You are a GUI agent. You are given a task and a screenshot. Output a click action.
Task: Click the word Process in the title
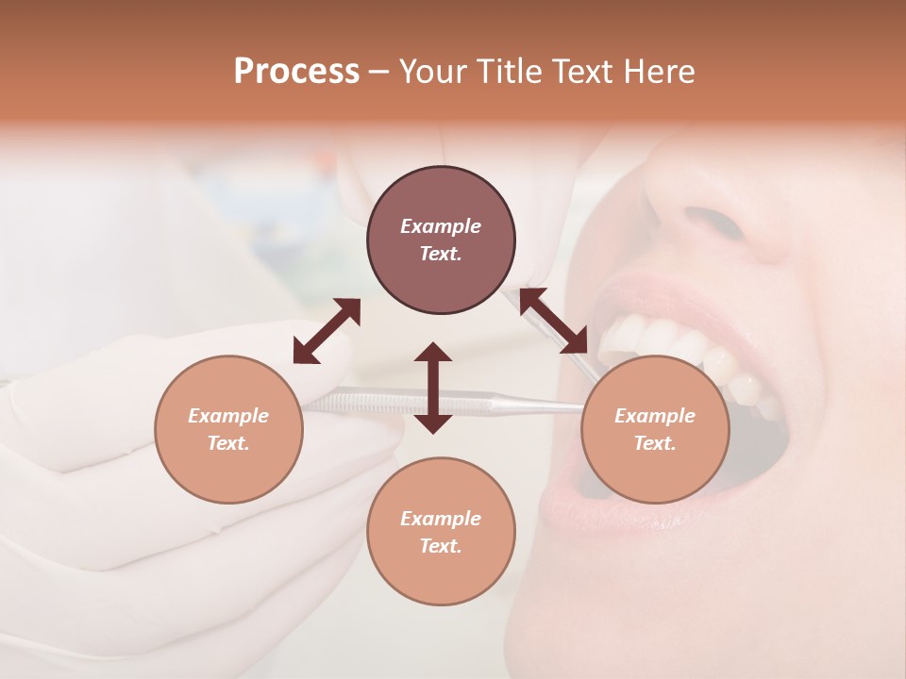[296, 72]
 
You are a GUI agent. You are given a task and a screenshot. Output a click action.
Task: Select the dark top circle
[441, 240]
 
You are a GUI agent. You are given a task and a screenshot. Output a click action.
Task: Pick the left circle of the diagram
[228, 429]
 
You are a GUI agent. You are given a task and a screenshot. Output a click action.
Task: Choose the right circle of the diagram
[655, 429]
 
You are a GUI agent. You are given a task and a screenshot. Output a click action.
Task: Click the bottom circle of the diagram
[441, 531]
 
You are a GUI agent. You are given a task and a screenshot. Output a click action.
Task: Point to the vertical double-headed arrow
[433, 388]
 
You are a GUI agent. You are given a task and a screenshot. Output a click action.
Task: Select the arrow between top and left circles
[327, 331]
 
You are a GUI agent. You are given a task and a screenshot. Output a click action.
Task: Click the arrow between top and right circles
[554, 321]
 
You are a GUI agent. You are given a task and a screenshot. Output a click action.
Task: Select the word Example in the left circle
[228, 416]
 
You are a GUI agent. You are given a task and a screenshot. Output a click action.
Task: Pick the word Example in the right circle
[655, 416]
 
